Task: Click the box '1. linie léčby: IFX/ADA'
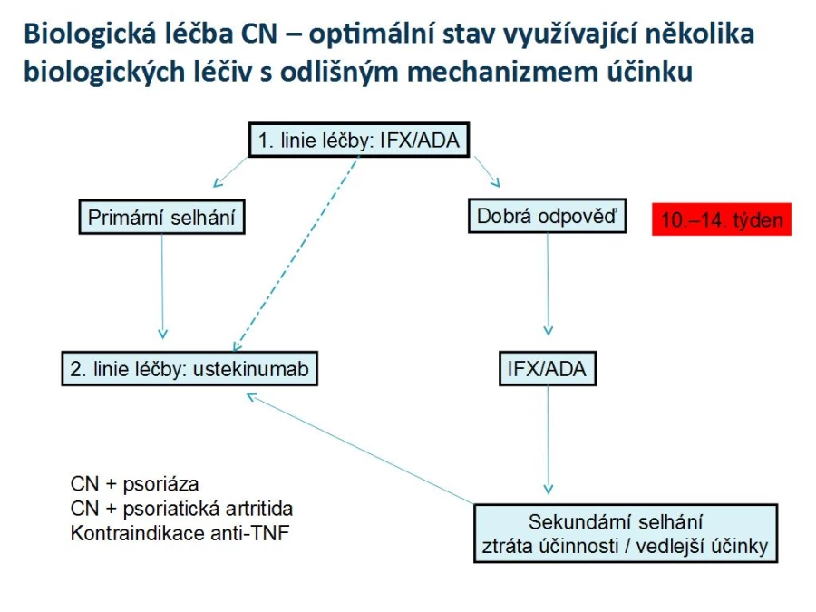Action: (358, 140)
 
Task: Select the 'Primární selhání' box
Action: (162, 217)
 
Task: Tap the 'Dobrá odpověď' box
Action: (547, 216)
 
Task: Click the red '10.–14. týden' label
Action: (722, 219)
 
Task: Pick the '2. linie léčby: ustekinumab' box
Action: (189, 368)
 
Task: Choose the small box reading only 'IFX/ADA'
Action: (547, 368)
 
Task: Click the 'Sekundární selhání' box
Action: (626, 533)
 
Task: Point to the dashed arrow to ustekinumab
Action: (296, 254)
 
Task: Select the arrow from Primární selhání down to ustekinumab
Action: (162, 287)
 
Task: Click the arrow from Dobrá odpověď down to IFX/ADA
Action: (548, 284)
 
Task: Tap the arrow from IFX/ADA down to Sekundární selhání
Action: (548, 440)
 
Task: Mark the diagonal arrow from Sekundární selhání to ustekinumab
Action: (360, 449)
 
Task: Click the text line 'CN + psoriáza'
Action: (134, 484)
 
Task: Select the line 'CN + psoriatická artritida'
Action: (181, 509)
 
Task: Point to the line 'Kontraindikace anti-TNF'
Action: (180, 533)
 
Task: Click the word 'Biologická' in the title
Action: (90, 34)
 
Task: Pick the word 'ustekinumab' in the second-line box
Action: (251, 369)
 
